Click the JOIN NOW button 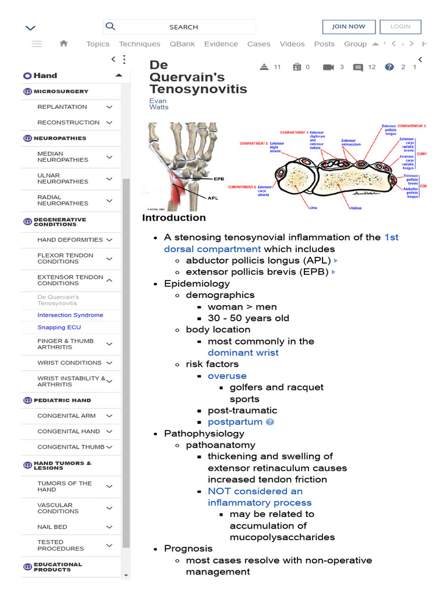coord(349,27)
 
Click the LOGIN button coord(400,27)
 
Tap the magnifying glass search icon coord(111,26)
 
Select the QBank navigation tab coord(182,44)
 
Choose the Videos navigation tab coord(292,44)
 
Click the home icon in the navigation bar coord(64,44)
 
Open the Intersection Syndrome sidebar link coord(70,315)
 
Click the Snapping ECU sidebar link coord(59,328)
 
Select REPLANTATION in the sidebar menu coord(62,107)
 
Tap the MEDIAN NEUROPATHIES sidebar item coord(63,157)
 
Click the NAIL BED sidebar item coord(52,527)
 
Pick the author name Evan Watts coord(159,104)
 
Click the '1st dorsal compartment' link coord(281,243)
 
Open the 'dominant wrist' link coord(243,353)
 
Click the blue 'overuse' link coord(227,376)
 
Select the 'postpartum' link coord(235,422)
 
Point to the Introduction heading coord(174,218)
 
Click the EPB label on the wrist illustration coord(219,179)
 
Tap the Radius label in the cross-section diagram coord(356,207)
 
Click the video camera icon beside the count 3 coord(328,68)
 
